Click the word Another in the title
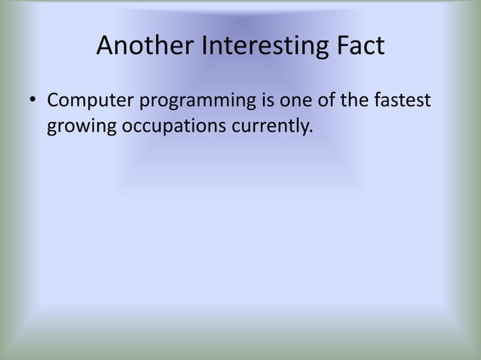146,47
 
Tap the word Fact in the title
360,47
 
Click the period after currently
310,132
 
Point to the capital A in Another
105,47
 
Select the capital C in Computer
53,101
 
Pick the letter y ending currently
303,129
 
